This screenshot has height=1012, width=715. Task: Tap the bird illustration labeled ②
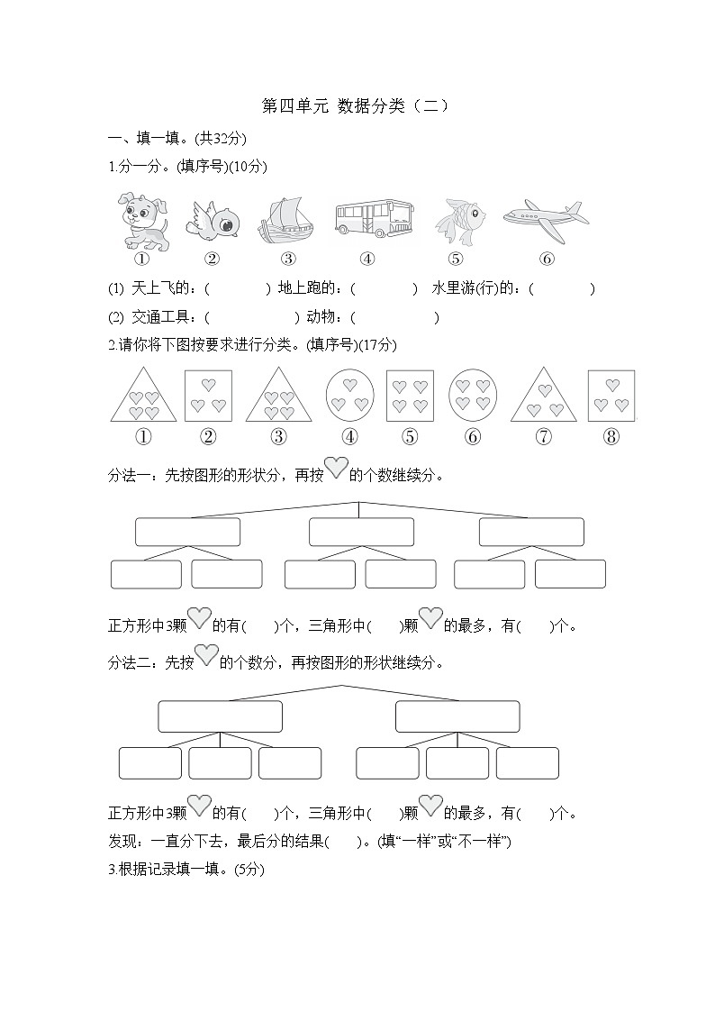pos(213,219)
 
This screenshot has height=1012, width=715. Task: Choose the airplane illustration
pos(545,218)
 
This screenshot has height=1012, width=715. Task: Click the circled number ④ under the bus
pos(367,259)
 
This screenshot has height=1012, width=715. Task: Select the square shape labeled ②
pos(208,396)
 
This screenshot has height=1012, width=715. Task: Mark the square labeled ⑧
pos(611,396)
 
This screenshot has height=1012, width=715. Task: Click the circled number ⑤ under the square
pos(410,437)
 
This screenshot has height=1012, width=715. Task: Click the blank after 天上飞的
pos(239,289)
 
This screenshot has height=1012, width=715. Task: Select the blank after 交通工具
pos(252,317)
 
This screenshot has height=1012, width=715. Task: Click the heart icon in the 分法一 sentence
pos(336,469)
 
